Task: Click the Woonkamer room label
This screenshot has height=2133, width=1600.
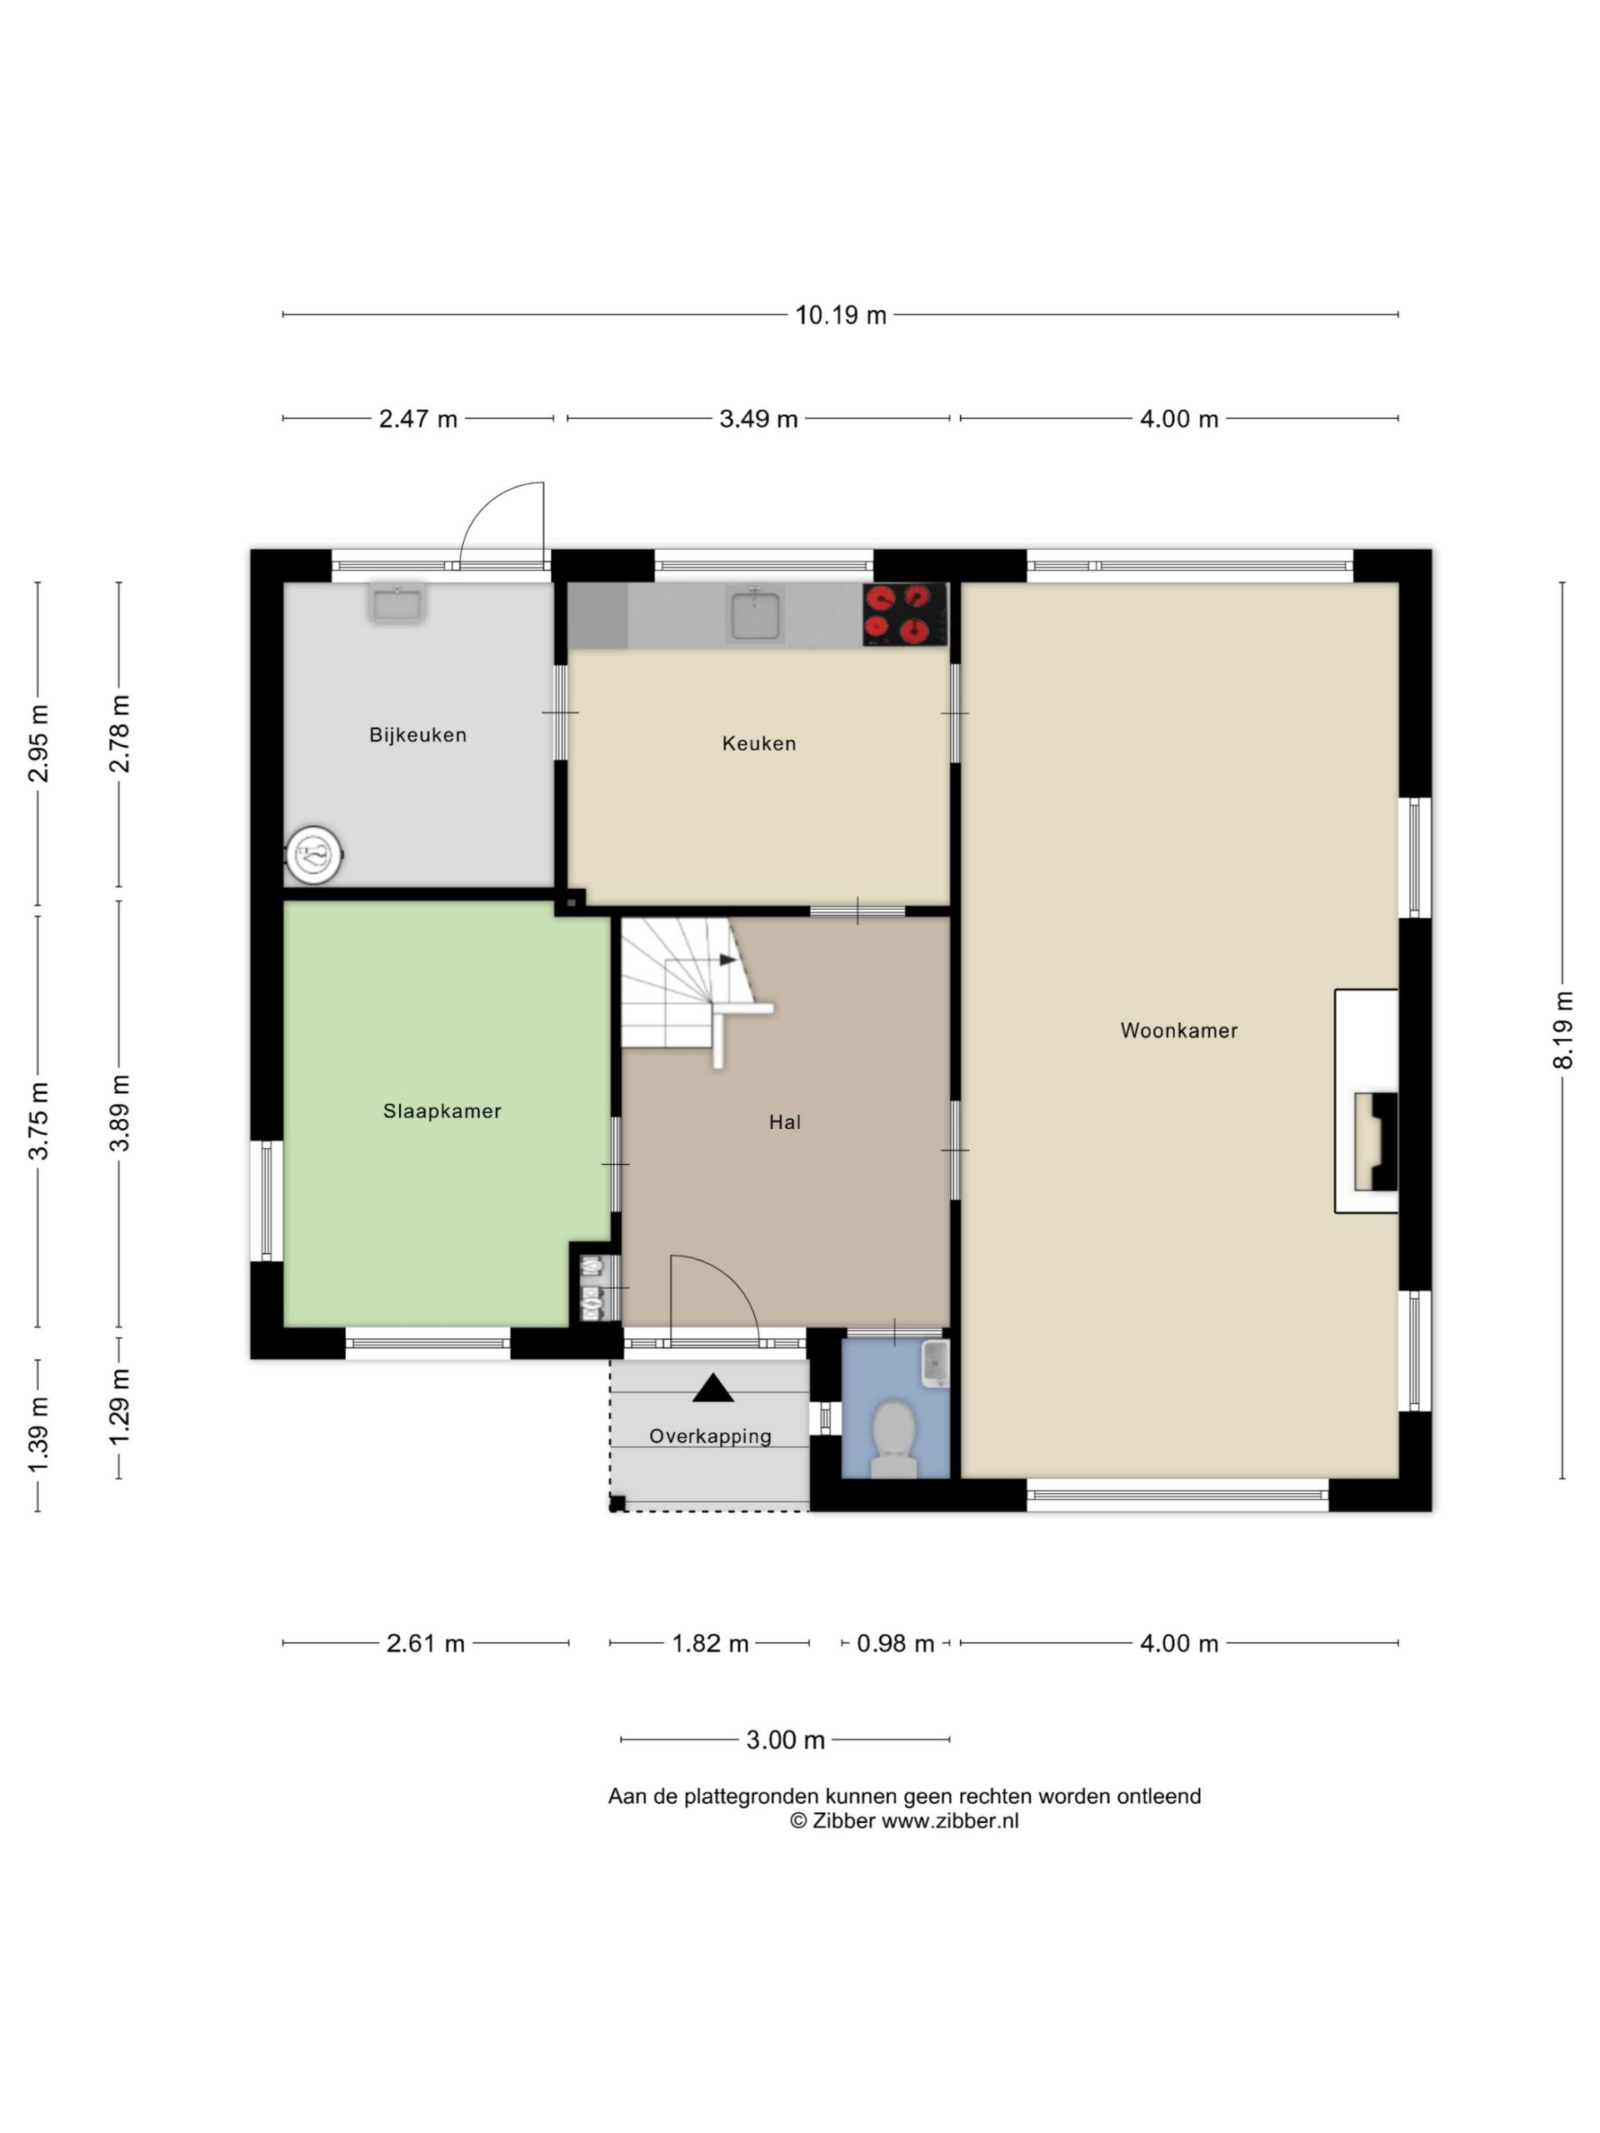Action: pos(1177,1030)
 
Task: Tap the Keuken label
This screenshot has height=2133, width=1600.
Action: pos(758,743)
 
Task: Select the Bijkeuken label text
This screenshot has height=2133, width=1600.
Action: pos(417,735)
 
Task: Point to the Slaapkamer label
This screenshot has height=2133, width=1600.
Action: pos(442,1111)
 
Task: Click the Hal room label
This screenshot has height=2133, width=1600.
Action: pos(784,1121)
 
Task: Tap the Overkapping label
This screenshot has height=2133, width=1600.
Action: pos(710,1436)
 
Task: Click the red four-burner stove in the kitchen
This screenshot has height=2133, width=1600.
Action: pos(903,614)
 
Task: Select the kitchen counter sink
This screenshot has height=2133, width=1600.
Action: pos(755,614)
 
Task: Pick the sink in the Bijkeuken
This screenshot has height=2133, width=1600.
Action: pos(397,602)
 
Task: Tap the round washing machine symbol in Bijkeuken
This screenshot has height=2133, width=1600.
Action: pos(314,853)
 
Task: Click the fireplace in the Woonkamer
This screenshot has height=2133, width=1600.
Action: pos(1374,1141)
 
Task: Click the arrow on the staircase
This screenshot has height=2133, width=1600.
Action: pos(728,961)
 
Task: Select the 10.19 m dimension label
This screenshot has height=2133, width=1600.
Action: pos(840,315)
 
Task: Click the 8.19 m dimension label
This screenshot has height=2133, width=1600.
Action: pos(1562,1030)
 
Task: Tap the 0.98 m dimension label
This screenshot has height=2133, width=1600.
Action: pos(895,1643)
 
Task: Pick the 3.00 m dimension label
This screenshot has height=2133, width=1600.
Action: pos(785,1740)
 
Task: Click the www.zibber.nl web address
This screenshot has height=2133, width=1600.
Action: pos(950,1821)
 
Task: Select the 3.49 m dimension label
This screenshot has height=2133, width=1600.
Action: pos(758,419)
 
